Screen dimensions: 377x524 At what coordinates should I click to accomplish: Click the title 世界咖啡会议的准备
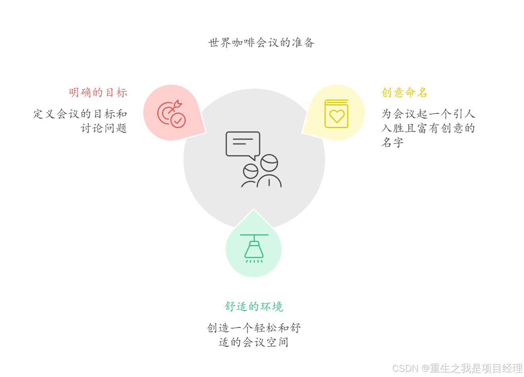tap(261, 42)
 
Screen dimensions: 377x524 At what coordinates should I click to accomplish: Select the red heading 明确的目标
tap(98, 92)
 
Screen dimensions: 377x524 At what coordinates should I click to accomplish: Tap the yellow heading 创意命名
tap(404, 92)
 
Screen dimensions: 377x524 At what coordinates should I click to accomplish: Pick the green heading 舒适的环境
tap(253, 306)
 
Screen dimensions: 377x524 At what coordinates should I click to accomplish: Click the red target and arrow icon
tap(171, 114)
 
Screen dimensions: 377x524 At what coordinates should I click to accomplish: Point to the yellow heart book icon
tap(336, 114)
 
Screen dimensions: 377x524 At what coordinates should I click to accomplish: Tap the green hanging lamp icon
tap(254, 249)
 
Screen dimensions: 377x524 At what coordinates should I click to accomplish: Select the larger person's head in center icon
tap(269, 163)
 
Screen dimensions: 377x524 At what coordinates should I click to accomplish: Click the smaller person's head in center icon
tap(250, 171)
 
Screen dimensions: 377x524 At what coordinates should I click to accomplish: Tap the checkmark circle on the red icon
tap(178, 120)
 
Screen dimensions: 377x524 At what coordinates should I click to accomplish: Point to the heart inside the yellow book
tap(337, 116)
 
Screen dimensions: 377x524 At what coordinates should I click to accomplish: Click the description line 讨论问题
tap(104, 128)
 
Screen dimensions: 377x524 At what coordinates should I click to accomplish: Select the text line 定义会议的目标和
tap(80, 114)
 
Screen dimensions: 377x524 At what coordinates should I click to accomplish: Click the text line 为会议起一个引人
tap(428, 114)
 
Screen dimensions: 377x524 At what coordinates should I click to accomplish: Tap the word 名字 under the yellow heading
tap(392, 142)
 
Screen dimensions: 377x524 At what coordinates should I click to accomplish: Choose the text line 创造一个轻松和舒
tap(253, 328)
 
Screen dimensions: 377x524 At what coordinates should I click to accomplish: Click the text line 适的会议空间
tap(253, 342)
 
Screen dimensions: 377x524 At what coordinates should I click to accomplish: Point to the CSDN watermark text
tap(457, 368)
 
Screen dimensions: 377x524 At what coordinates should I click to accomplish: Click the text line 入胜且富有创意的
tap(428, 128)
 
